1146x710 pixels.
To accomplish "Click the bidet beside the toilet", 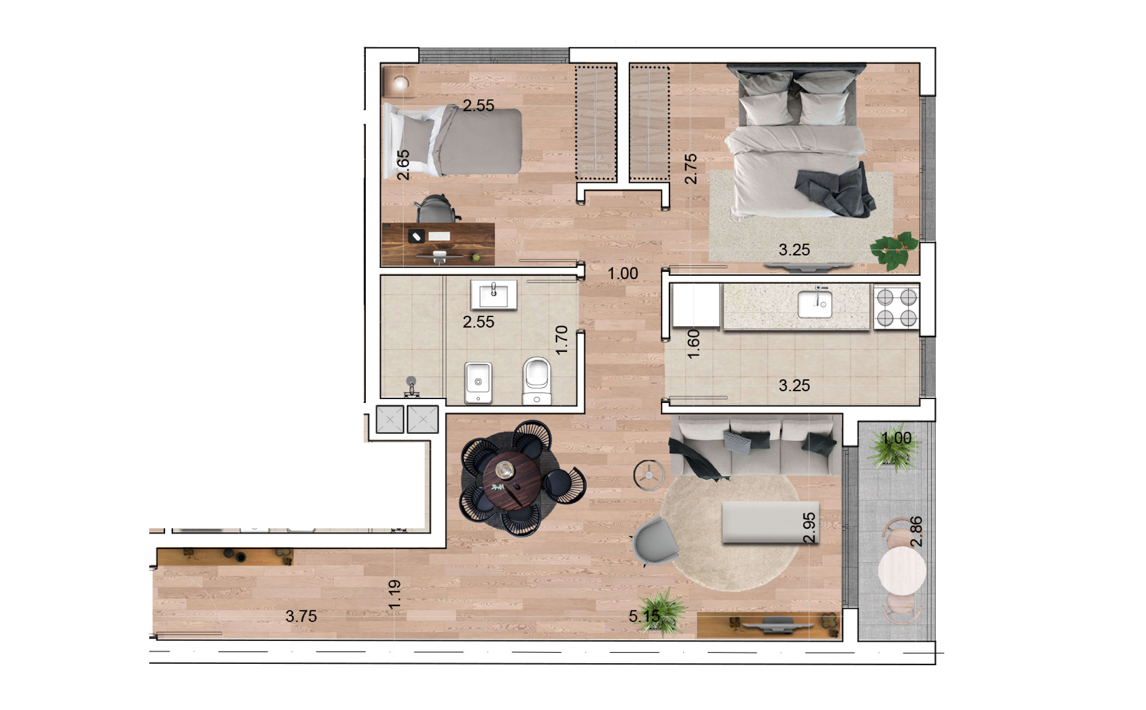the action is [x=478, y=383].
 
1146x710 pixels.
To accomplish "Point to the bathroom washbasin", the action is [x=494, y=295].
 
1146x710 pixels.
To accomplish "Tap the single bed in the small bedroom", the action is [x=452, y=141].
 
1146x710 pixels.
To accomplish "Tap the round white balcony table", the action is [x=902, y=571].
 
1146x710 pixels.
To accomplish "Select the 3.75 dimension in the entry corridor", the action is [x=301, y=616].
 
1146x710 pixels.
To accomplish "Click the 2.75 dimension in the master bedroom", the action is [x=690, y=169].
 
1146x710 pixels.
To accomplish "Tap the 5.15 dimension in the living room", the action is [x=644, y=616].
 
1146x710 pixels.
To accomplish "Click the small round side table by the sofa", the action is [x=649, y=475].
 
